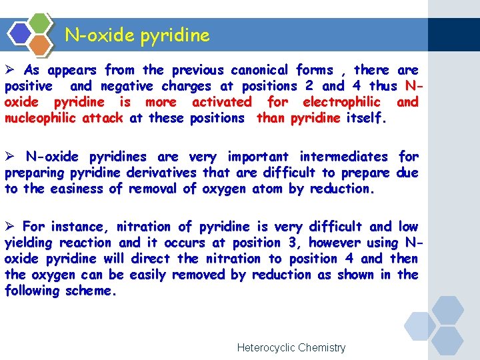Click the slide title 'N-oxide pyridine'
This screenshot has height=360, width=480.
pyautogui.click(x=137, y=35)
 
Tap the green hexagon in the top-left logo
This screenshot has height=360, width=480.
pyautogui.click(x=41, y=23)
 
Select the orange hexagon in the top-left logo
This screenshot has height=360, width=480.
pyautogui.click(x=41, y=44)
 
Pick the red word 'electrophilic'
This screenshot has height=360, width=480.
pyautogui.click(x=341, y=102)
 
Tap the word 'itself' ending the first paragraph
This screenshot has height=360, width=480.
pyautogui.click(x=365, y=118)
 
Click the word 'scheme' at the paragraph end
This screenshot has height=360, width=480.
pyautogui.click(x=91, y=291)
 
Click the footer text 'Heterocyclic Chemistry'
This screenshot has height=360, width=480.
pyautogui.click(x=291, y=347)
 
